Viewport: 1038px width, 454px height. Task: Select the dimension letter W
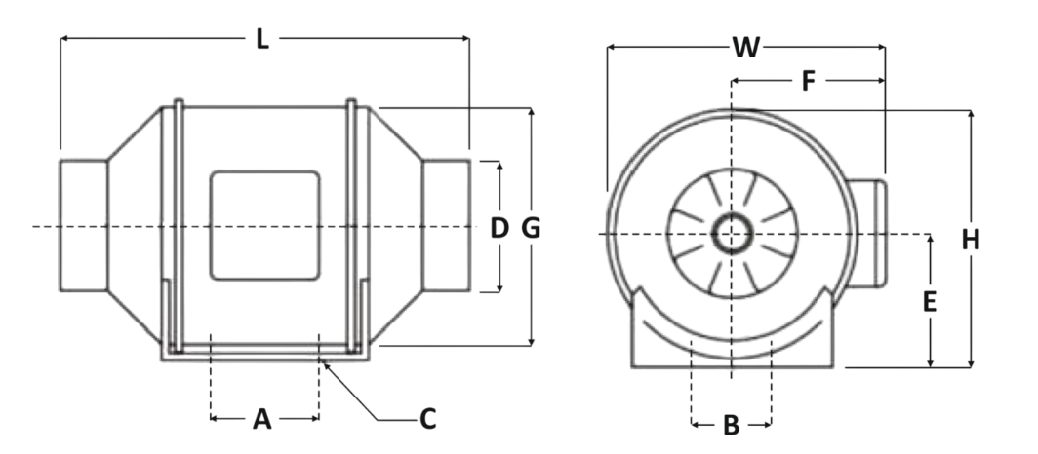click(746, 46)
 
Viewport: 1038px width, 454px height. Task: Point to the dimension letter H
click(970, 240)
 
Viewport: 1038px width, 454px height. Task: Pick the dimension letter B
click(731, 425)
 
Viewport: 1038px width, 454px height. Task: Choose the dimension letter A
click(261, 419)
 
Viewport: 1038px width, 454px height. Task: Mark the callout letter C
click(426, 419)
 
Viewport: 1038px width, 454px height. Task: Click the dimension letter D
click(499, 228)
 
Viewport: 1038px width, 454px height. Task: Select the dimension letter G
click(531, 228)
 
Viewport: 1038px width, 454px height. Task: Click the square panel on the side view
click(265, 225)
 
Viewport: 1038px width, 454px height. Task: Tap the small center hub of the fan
click(731, 234)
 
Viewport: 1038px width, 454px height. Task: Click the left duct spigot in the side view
click(83, 225)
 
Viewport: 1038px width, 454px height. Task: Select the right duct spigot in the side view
click(448, 225)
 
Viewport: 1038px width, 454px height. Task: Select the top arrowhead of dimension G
click(531, 112)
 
